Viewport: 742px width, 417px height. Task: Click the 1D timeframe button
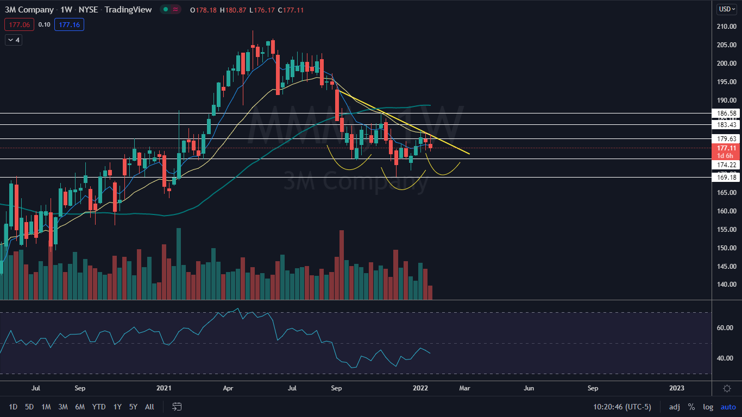pos(13,407)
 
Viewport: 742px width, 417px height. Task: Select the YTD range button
pos(99,407)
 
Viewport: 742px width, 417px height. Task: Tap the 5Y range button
pos(133,407)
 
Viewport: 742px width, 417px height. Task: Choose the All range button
pos(150,407)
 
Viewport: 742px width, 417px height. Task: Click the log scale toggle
pos(708,407)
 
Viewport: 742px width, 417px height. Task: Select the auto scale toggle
pos(728,407)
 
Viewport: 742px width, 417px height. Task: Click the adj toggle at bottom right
pos(674,407)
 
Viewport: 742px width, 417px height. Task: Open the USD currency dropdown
pos(726,9)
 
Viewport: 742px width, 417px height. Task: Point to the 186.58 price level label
pos(726,113)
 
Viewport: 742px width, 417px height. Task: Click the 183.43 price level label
pos(726,125)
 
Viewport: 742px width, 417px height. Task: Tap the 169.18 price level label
pos(726,177)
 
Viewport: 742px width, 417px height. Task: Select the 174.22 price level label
pos(726,164)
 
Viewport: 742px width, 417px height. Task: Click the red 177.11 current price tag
pos(726,148)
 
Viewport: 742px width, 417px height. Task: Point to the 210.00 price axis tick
pos(726,27)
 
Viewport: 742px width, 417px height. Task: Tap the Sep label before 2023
pos(593,388)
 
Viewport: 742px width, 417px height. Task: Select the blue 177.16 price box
pos(69,24)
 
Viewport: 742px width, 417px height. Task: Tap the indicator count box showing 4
pos(13,40)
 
